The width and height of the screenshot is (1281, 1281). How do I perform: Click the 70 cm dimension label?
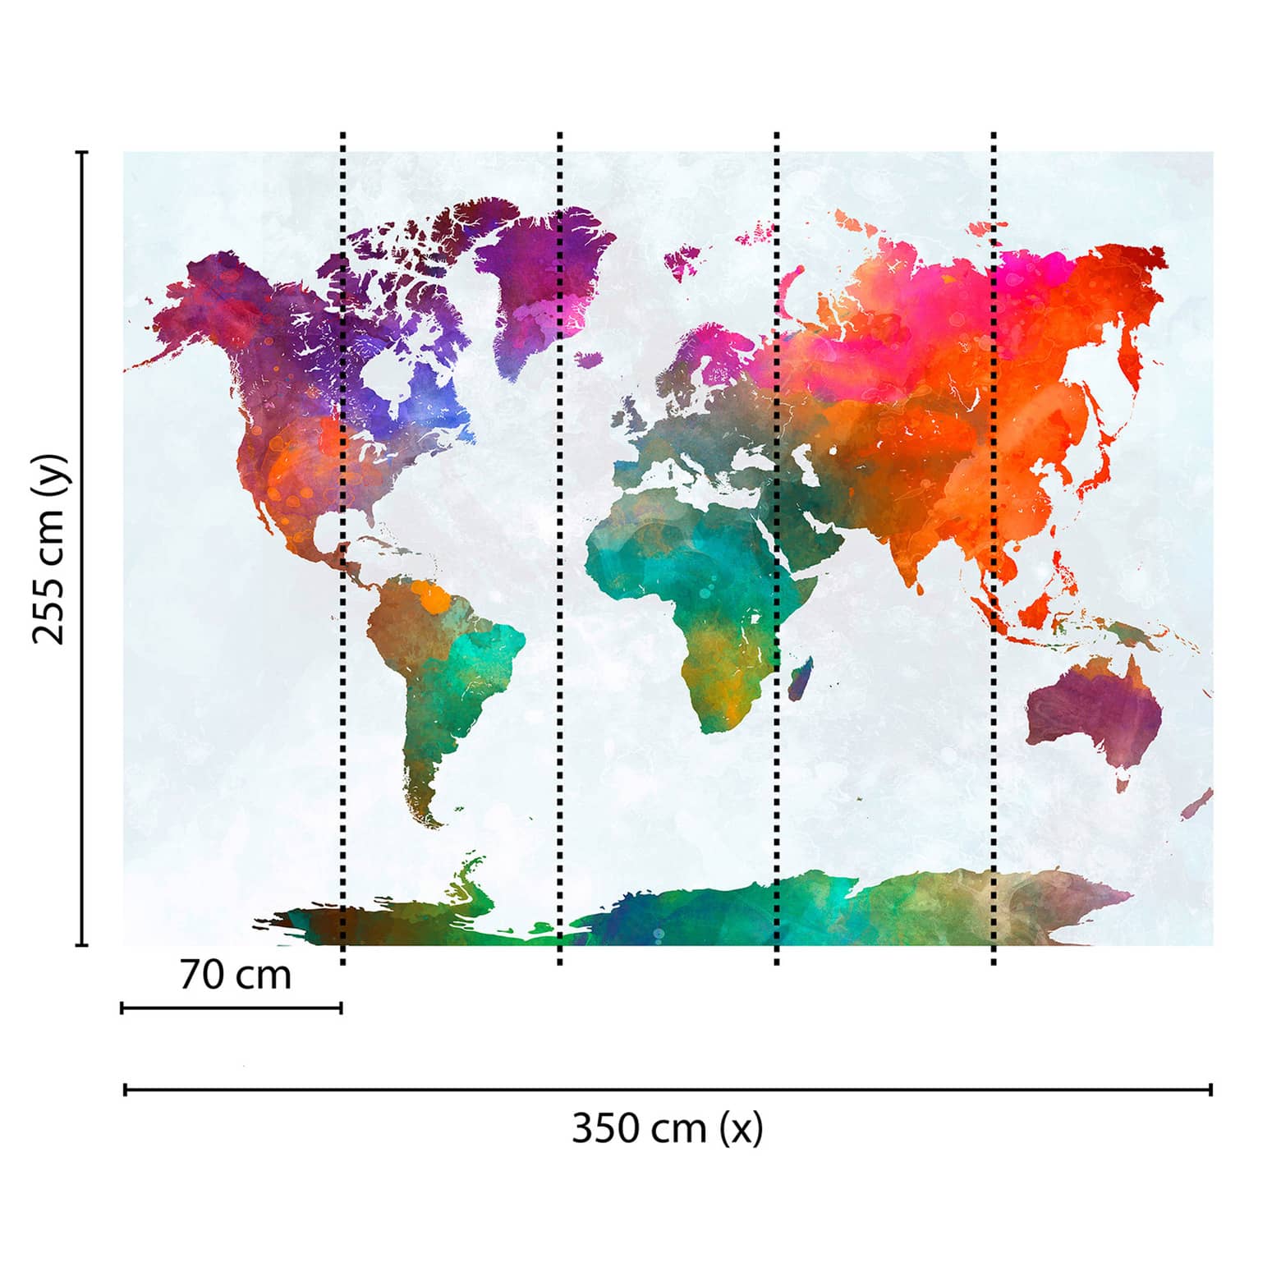point(235,976)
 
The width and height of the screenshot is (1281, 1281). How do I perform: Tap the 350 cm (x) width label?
point(667,1128)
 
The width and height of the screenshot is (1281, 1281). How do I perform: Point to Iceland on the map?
point(589,359)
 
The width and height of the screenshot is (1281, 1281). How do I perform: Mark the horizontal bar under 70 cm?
point(232,1008)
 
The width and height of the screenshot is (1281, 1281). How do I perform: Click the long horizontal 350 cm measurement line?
point(667,1090)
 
